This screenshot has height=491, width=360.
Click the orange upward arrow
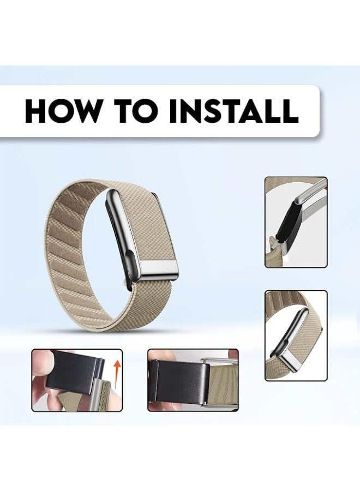point(117,373)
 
